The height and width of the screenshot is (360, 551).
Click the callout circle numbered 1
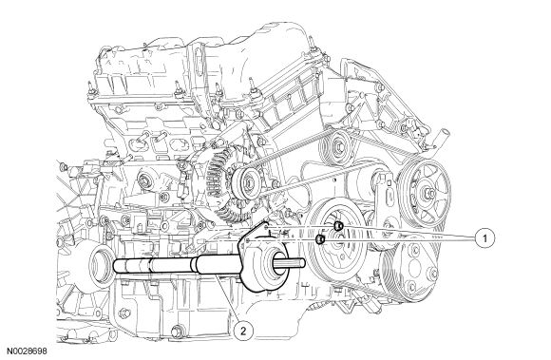(x=484, y=238)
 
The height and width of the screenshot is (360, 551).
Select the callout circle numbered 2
(x=243, y=330)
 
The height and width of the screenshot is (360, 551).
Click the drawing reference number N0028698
(x=28, y=351)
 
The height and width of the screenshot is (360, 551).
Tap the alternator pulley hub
(x=249, y=183)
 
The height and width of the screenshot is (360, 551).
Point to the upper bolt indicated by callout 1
(x=338, y=226)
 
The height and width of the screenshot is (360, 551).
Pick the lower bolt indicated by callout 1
(x=320, y=239)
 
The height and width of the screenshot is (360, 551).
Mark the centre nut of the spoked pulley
(x=427, y=193)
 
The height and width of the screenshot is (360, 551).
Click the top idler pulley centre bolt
(x=338, y=145)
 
